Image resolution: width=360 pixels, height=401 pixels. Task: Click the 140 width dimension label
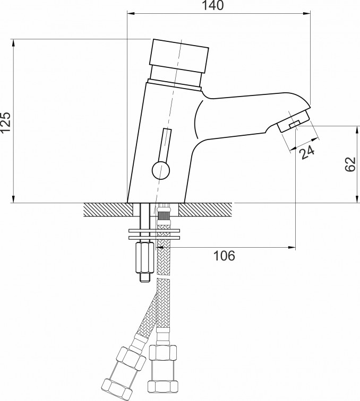pos(212,5)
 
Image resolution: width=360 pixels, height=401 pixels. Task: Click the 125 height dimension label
pos(6,122)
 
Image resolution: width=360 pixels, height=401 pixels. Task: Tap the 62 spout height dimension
pos(350,164)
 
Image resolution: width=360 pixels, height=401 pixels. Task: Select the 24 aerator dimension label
pos(307,152)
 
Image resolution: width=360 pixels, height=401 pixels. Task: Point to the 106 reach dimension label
pos(224,256)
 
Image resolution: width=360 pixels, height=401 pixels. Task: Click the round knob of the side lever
pos(161,170)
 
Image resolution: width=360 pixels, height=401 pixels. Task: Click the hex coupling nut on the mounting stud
pos(144,258)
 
